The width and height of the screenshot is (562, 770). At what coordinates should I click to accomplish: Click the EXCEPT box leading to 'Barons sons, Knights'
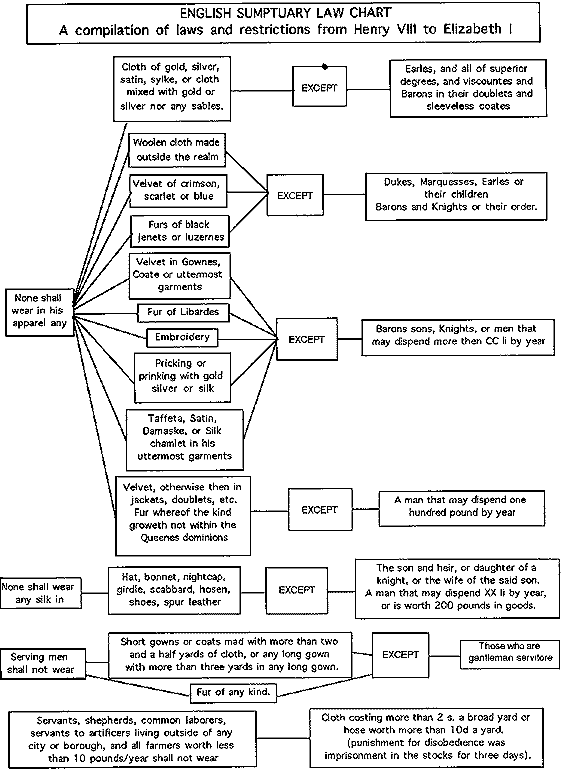(x=306, y=339)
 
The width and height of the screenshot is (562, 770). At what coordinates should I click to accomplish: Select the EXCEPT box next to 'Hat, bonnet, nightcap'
(x=297, y=590)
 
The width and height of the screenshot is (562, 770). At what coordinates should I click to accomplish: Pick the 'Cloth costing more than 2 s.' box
(x=432, y=737)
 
